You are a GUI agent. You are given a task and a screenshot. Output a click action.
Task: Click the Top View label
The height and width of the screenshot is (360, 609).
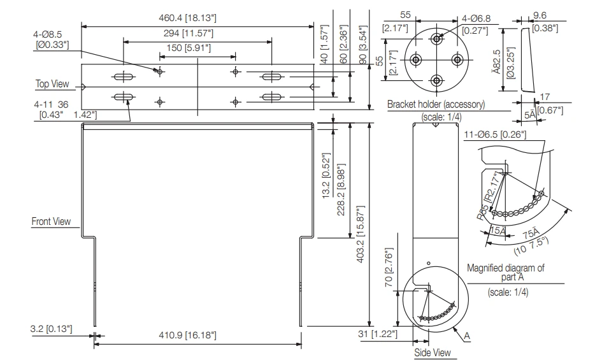[52, 83]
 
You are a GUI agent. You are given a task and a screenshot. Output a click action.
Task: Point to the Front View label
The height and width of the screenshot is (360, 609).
[51, 221]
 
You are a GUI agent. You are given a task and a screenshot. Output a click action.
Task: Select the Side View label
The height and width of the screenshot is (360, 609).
[433, 352]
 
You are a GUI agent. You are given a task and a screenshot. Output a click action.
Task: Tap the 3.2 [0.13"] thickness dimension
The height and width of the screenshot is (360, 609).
[51, 329]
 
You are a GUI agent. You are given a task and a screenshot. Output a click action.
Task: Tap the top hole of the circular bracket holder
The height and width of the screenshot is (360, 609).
[436, 39]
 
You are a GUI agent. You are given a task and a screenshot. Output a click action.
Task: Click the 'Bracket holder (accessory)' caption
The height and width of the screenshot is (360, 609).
[436, 104]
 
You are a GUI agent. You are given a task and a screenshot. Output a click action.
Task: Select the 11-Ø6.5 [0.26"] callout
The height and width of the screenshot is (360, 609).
[495, 134]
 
